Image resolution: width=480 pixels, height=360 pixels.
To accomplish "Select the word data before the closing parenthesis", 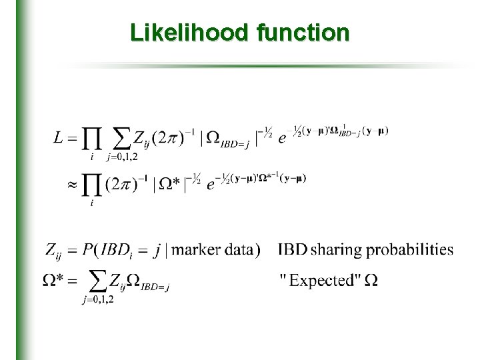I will (238, 251).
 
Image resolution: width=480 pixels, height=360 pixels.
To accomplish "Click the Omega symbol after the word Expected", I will (371, 280).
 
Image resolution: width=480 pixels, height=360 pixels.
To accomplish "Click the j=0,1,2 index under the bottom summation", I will (98, 300).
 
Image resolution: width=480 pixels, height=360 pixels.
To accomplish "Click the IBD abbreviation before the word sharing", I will (293, 251).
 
